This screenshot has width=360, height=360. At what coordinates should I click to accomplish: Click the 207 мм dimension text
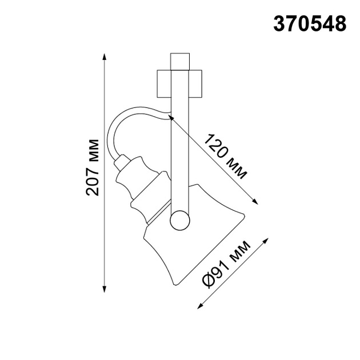coord(93,167)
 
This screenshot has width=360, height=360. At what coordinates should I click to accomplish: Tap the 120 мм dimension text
coord(226,157)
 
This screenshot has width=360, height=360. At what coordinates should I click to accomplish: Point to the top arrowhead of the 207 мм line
coord(105,56)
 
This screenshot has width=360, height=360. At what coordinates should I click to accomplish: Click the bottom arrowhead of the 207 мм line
coord(105,287)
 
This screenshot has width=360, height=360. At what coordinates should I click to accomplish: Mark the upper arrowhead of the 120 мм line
coord(172,119)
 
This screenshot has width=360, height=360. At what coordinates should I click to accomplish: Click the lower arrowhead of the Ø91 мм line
coord(200,306)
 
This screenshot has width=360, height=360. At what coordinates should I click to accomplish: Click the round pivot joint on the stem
coord(180,220)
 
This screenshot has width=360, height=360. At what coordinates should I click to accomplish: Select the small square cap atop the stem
coord(180,61)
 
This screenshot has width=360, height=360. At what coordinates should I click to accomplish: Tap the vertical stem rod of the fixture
coord(180,149)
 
